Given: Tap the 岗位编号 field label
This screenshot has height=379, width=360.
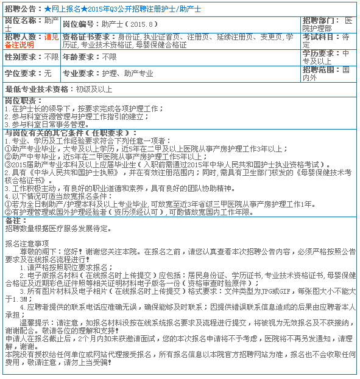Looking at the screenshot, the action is click(x=81, y=24).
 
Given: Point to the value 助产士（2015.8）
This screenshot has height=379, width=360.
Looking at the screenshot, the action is click(x=130, y=24).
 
